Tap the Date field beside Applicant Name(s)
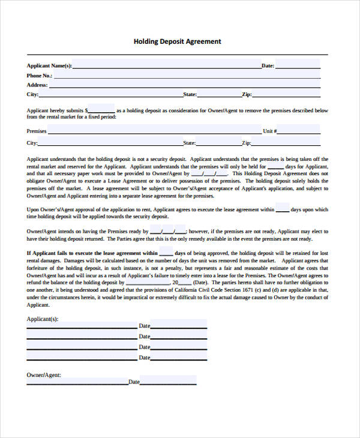[x=298, y=65]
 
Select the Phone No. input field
[x=186, y=76]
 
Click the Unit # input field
[x=299, y=130]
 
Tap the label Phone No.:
[x=39, y=76]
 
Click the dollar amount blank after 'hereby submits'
[x=102, y=110]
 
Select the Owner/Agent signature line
[x=77, y=382]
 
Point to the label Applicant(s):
[x=43, y=319]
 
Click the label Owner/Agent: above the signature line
[x=43, y=375]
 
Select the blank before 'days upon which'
[x=282, y=209]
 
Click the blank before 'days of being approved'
[x=166, y=253]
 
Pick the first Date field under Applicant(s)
[x=178, y=325]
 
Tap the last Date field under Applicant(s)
[x=178, y=358]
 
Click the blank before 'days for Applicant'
[x=275, y=166]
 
